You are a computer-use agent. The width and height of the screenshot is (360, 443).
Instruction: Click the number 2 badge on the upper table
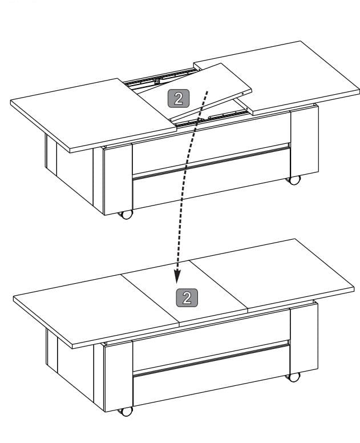(x=179, y=98)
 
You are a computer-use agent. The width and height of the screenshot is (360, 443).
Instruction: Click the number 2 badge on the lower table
(x=187, y=297)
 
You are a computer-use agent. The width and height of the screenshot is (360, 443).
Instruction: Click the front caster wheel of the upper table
(x=126, y=215)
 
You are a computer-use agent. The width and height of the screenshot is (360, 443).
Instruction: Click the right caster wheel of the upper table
(x=294, y=180)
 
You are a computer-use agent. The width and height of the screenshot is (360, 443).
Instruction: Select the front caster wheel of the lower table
(x=126, y=411)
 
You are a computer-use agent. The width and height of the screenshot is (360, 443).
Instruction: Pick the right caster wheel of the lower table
(x=294, y=377)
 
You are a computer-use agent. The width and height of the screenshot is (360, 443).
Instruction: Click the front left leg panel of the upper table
(x=118, y=180)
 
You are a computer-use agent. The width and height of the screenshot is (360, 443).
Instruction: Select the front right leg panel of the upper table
(x=305, y=141)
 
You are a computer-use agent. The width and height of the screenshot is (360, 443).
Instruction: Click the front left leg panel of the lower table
(x=118, y=376)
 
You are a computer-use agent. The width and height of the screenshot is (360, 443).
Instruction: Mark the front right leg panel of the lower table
(x=305, y=339)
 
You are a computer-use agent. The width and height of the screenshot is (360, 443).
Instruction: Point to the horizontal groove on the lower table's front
(x=211, y=359)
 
